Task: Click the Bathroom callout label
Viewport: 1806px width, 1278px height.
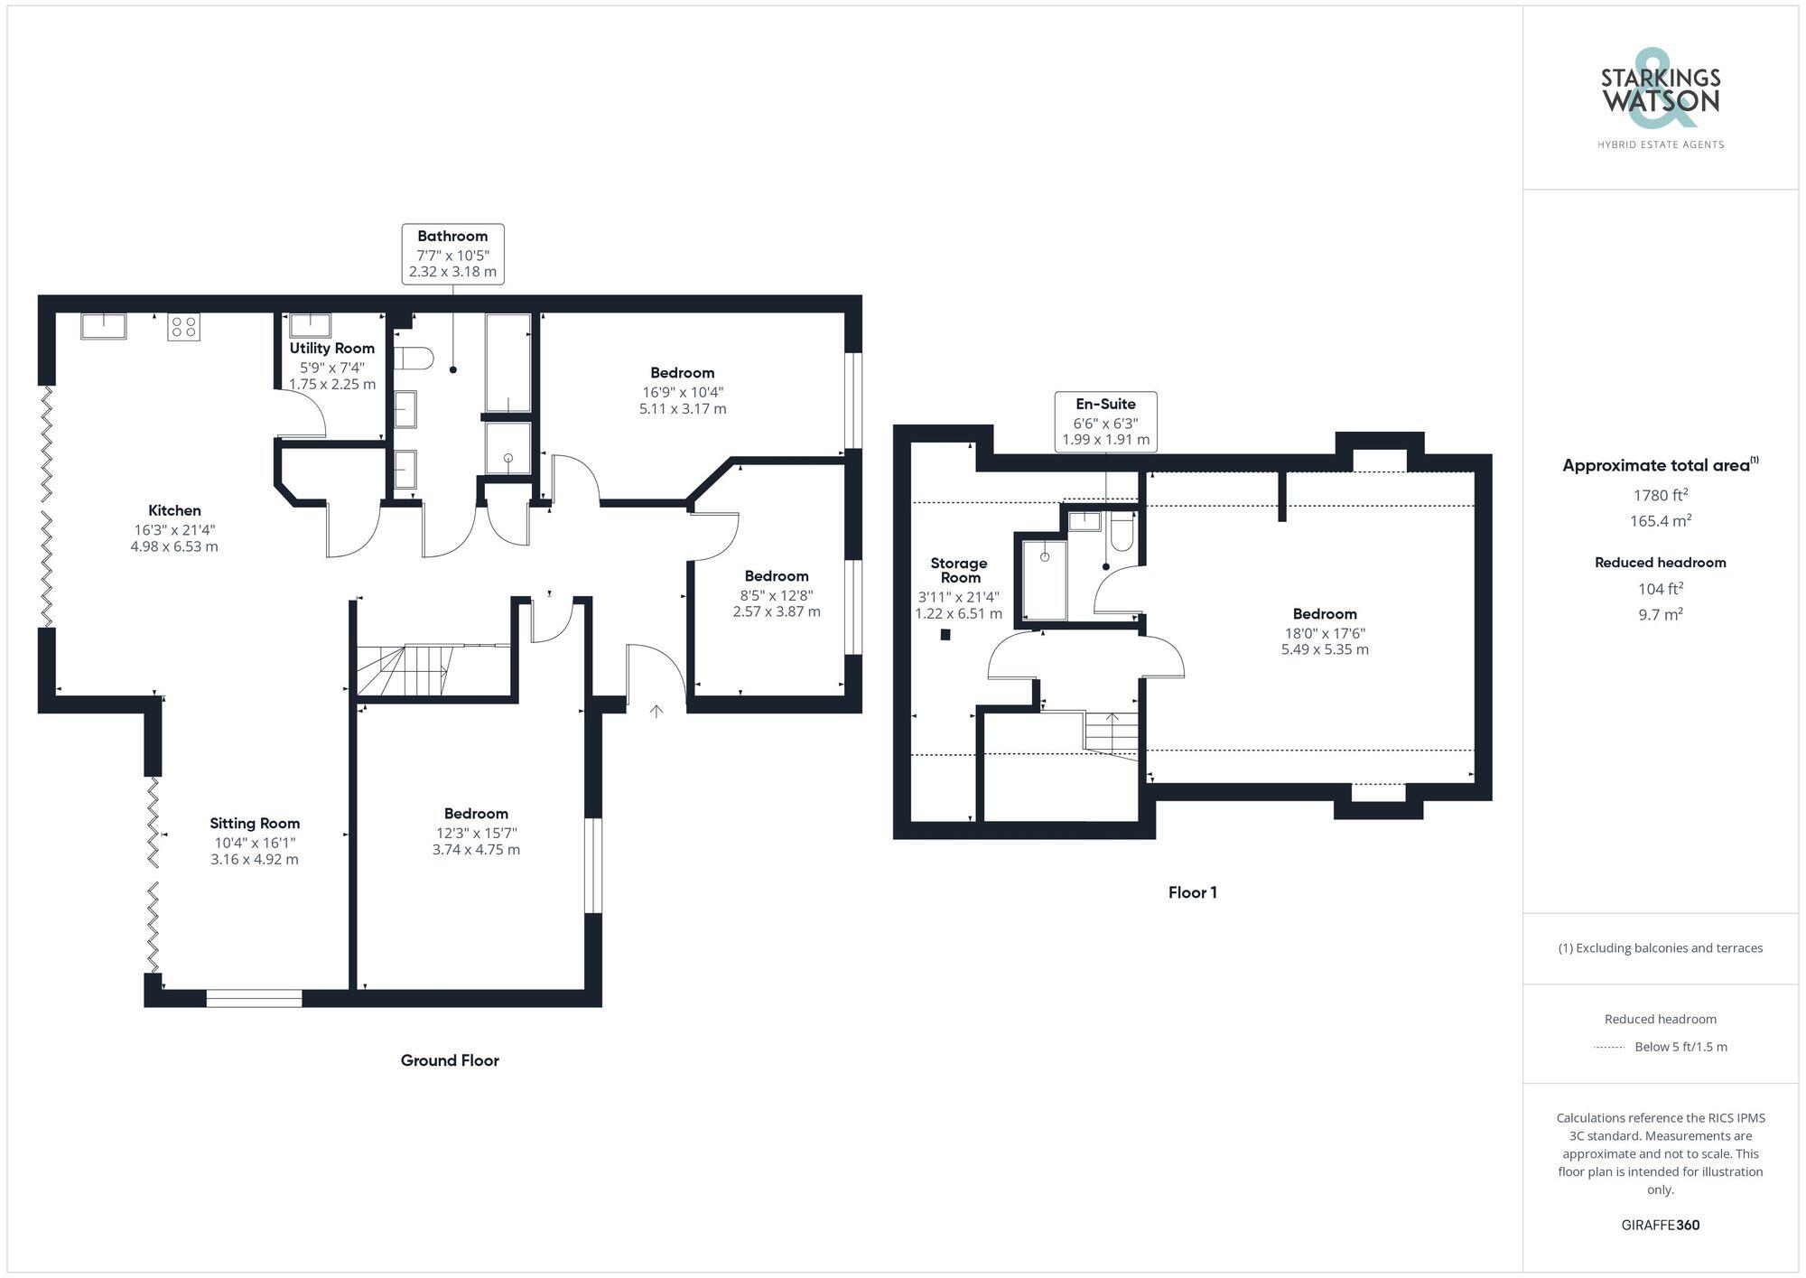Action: pos(452,254)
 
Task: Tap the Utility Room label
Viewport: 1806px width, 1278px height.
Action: pos(331,349)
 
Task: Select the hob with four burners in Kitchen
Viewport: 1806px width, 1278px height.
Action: pos(183,327)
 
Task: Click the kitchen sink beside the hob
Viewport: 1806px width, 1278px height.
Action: pos(104,325)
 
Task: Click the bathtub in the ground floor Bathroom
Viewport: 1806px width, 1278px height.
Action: pos(507,363)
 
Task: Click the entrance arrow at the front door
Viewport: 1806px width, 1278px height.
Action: pos(656,712)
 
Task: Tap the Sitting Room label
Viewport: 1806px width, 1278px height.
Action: pos(255,824)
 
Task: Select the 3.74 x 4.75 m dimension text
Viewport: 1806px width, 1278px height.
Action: pos(476,850)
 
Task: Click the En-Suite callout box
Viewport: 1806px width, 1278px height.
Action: pos(1105,422)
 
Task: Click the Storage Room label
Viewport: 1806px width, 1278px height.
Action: pos(959,570)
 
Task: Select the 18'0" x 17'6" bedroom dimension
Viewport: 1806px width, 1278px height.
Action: pos(1325,634)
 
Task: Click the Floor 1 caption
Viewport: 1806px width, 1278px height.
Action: pos(1192,893)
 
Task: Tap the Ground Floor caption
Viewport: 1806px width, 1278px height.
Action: pos(450,1060)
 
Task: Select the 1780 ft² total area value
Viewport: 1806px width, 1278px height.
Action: pos(1660,495)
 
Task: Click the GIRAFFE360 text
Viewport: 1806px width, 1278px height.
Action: pos(1660,1226)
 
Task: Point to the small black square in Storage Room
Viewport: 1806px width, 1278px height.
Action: pos(945,635)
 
